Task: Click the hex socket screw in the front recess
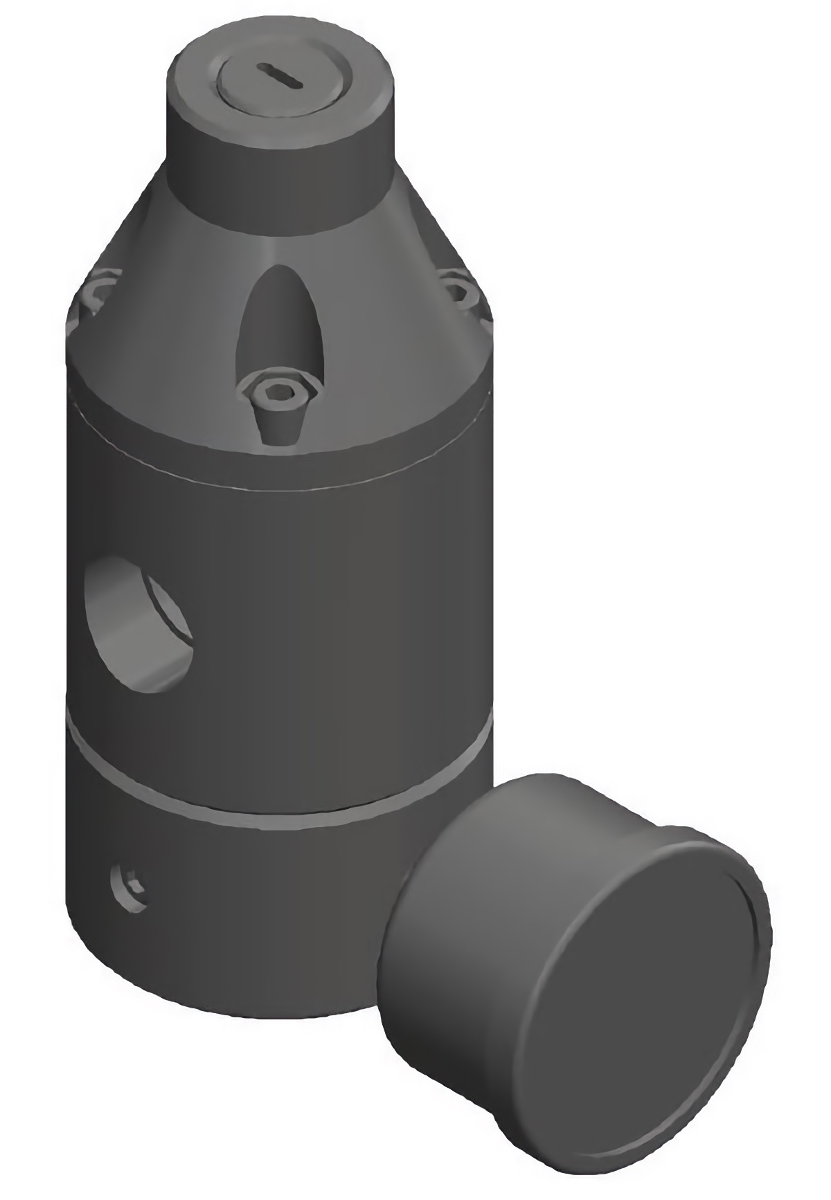click(280, 395)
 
